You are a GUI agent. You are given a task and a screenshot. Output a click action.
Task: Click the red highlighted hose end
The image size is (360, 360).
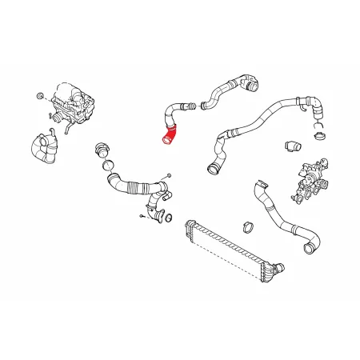(x=168, y=141)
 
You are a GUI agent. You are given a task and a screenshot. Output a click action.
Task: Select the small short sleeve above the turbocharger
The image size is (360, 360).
(x=292, y=147)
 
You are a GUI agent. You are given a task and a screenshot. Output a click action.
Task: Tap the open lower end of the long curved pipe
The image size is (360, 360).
(x=212, y=168)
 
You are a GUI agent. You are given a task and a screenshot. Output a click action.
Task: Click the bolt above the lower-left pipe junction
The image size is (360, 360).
(x=169, y=175)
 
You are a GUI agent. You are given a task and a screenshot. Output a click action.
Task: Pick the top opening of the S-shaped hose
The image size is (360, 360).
(x=257, y=186)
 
